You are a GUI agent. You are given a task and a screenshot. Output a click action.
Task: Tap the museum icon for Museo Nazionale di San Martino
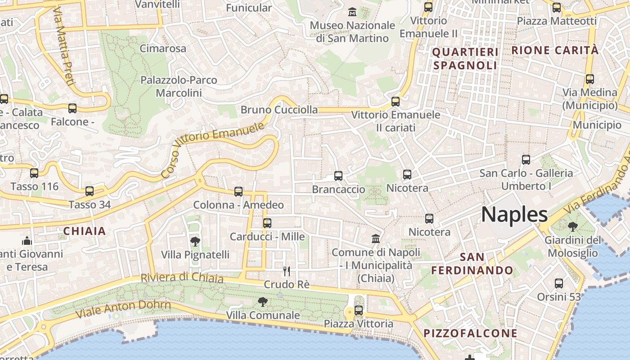352,11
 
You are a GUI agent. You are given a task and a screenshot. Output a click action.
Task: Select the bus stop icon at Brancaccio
338,176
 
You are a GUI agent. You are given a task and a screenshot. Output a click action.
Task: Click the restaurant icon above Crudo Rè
287,271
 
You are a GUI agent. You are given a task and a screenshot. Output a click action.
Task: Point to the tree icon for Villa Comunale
263,301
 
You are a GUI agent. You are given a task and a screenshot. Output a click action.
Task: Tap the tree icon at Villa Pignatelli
195,242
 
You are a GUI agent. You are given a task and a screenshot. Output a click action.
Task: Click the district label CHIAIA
85,231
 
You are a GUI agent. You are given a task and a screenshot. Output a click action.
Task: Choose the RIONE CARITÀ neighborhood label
555,50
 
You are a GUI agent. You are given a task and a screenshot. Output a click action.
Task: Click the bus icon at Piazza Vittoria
359,310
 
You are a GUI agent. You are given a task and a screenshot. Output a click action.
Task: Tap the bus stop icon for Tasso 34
90,191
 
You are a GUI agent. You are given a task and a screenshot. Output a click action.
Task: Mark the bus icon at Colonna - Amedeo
238,192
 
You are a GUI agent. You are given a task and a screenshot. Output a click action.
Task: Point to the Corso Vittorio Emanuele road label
212,149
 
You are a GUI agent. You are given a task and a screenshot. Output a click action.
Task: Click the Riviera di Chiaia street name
182,278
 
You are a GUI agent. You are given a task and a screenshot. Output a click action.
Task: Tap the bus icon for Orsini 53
559,283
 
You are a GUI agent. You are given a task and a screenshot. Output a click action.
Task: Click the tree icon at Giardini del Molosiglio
573,226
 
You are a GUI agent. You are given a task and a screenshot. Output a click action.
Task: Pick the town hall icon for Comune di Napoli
376,238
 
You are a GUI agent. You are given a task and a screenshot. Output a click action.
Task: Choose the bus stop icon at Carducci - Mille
267,223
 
